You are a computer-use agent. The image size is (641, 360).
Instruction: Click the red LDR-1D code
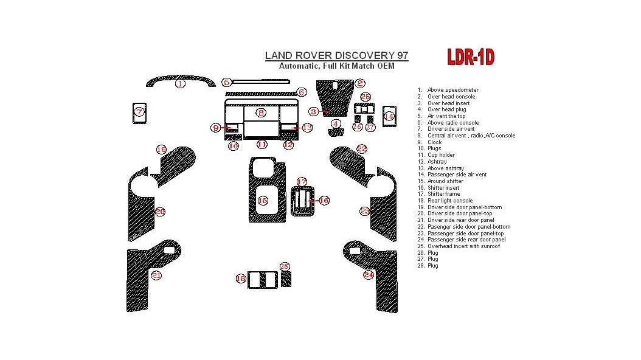(470, 57)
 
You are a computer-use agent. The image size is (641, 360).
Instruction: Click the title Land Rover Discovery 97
(336, 55)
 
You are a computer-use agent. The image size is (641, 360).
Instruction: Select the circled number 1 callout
(180, 84)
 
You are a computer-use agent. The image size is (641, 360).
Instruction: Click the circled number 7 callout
(139, 112)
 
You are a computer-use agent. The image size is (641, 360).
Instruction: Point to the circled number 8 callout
(261, 113)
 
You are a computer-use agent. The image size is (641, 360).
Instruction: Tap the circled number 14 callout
(389, 116)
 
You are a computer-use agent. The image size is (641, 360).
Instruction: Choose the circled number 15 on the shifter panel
(263, 201)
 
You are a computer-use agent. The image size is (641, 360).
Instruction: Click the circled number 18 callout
(241, 279)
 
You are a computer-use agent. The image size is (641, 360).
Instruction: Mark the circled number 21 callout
(156, 275)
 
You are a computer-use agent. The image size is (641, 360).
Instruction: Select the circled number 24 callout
(368, 275)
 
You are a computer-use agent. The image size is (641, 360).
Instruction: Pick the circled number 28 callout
(285, 267)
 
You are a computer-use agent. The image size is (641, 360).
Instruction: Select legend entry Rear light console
(450, 201)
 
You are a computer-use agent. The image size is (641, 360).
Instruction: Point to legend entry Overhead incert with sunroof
(463, 246)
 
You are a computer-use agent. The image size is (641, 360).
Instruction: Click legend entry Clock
(434, 142)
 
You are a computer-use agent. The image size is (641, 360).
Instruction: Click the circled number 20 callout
(160, 212)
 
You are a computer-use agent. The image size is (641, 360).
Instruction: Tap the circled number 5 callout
(226, 82)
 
